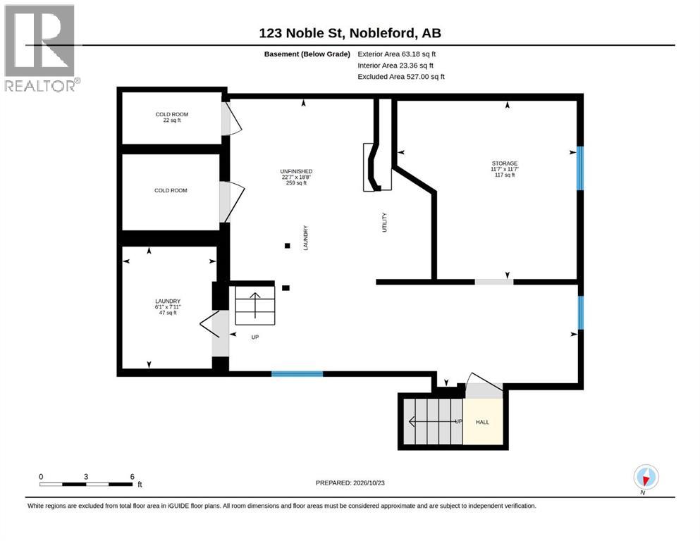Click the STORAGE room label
point(505,163)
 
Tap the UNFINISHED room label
point(296,171)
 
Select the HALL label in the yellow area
point(482,422)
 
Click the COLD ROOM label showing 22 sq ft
point(172,118)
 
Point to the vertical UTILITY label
point(384,222)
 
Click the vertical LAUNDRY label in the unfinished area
point(306,237)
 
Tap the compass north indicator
point(646,478)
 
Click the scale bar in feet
point(86,484)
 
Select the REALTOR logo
point(41,48)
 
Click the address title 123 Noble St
point(301,33)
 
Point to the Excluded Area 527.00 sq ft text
point(401,77)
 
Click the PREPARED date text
point(350,483)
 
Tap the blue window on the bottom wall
point(297,374)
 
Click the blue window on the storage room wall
point(580,168)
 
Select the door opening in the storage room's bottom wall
point(493,282)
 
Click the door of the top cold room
point(232,118)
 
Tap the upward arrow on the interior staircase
point(255,305)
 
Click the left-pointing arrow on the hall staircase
point(433,421)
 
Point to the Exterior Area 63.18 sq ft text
point(396,54)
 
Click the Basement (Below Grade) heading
point(307,54)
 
